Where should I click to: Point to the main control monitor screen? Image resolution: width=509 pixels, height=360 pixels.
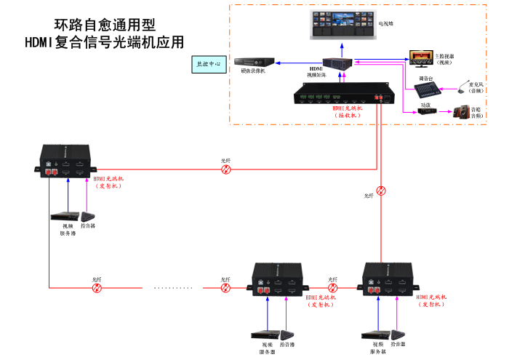click(421, 58)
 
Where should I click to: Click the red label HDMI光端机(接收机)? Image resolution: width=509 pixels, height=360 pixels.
click(347, 111)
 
